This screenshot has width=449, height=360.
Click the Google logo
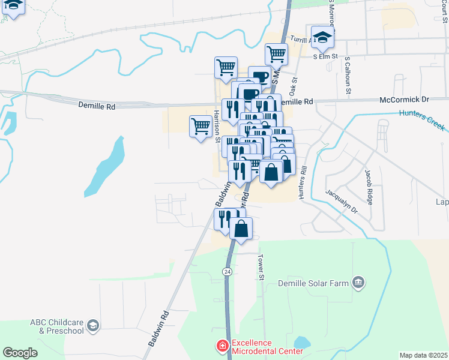20,353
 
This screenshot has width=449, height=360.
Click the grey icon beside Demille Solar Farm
359,282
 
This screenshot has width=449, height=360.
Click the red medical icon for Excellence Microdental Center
222,346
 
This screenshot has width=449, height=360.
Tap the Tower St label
261,267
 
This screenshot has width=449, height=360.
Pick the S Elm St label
327,56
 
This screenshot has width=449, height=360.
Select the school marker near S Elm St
322,37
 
